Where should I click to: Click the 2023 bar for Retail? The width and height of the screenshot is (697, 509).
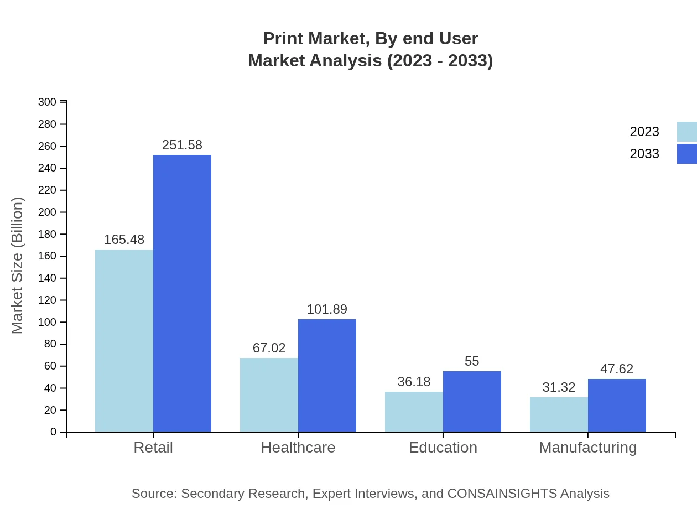click(x=124, y=340)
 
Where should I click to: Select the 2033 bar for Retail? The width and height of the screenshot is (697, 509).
click(x=182, y=293)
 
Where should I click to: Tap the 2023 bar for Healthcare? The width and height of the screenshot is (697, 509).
click(x=269, y=394)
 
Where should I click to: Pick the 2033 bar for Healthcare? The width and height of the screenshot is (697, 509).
click(x=327, y=375)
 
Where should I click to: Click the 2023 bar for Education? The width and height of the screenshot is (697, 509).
click(x=414, y=412)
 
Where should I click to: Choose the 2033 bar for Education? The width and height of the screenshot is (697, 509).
click(x=472, y=401)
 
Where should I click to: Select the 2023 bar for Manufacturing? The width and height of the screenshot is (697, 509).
click(x=559, y=414)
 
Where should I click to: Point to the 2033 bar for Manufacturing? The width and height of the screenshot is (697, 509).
click(x=617, y=405)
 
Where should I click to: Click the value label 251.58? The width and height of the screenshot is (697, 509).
click(x=182, y=145)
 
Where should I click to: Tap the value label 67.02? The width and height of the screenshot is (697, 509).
click(x=269, y=348)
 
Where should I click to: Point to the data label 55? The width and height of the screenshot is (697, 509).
click(x=472, y=361)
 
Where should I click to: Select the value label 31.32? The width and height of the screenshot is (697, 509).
click(x=559, y=387)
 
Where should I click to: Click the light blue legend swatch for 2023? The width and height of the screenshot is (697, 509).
click(x=686, y=132)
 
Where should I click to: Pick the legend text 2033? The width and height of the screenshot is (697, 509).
click(x=644, y=154)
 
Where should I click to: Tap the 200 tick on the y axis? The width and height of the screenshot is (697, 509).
click(x=48, y=212)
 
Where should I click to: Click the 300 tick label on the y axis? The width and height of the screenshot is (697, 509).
click(x=48, y=102)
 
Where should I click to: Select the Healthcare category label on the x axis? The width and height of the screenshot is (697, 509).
click(x=298, y=447)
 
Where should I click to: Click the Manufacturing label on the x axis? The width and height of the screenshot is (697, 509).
click(x=588, y=447)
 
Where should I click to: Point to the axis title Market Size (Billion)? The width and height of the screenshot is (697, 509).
click(x=18, y=266)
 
